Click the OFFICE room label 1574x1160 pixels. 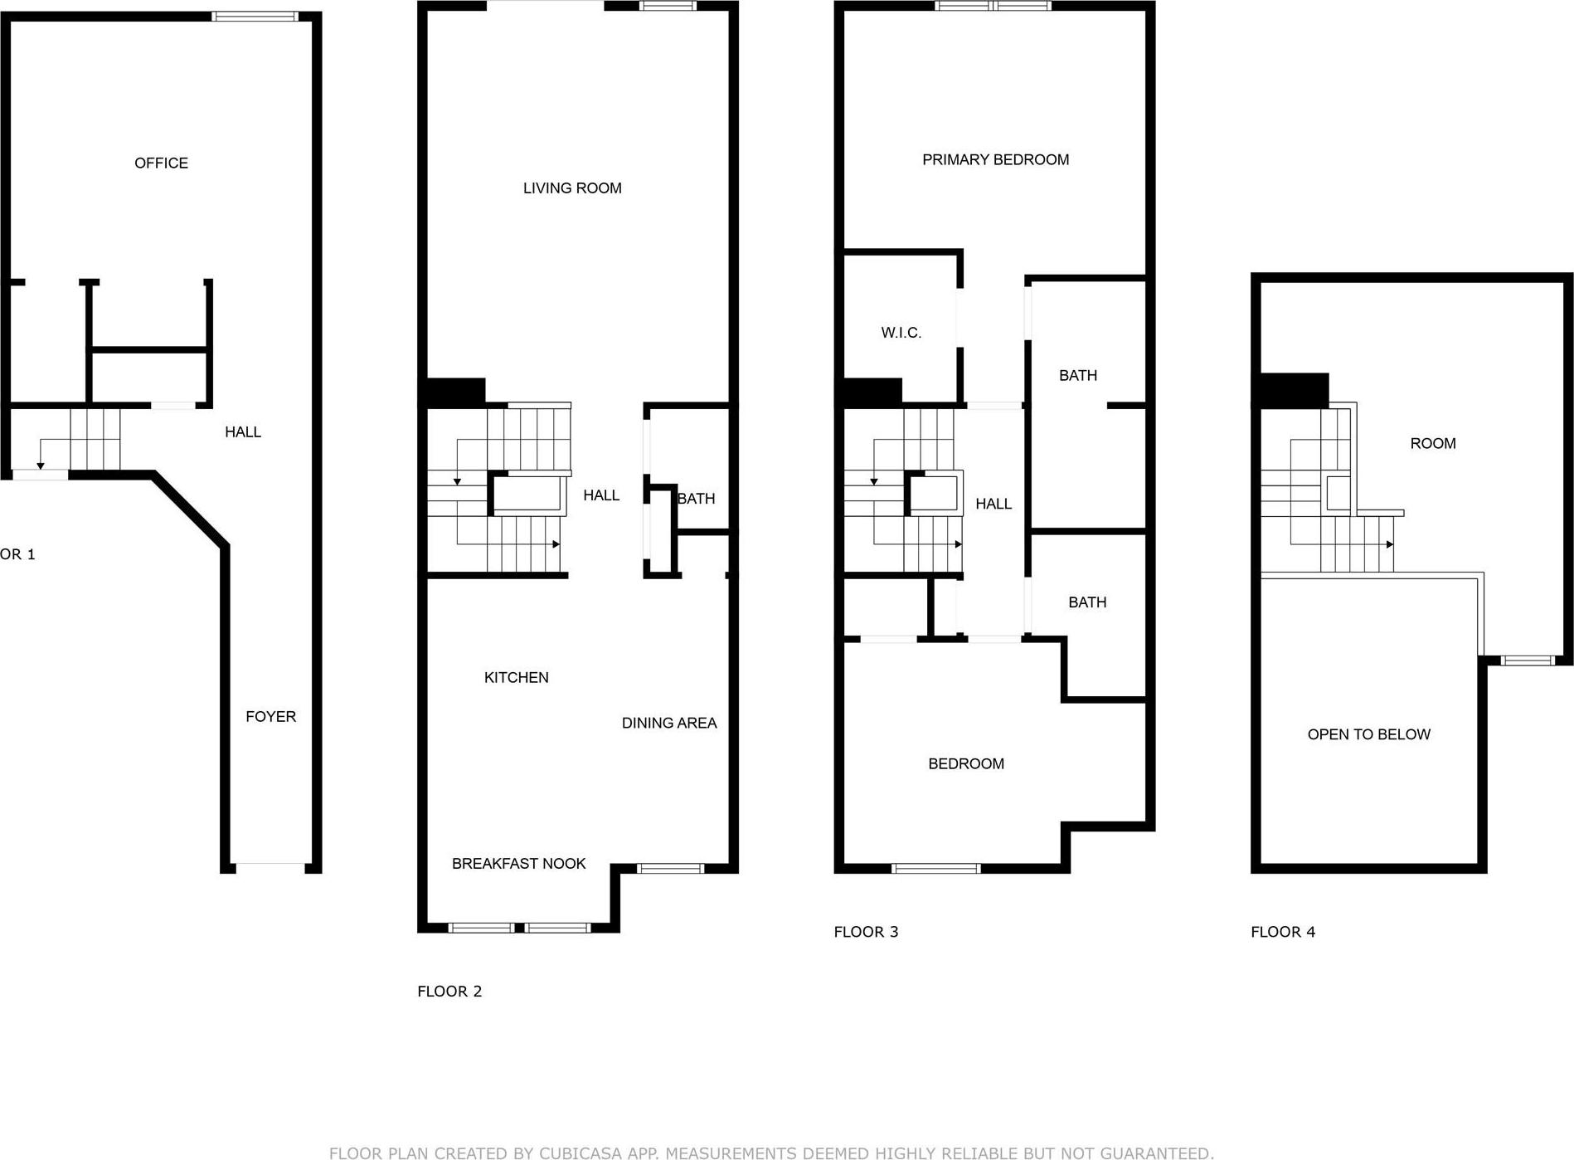(161, 163)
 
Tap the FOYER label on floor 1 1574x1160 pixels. (270, 716)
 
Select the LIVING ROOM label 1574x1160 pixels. (572, 188)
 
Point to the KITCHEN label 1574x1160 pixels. (516, 677)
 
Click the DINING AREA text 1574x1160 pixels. (669, 723)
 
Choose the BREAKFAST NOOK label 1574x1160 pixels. (518, 864)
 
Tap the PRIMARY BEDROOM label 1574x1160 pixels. (995, 159)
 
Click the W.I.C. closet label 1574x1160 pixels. (901, 333)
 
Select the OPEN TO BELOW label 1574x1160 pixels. (1368, 734)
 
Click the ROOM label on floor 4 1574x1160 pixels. (1432, 443)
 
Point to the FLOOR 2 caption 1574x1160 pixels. (449, 991)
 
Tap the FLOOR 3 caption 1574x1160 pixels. (866, 932)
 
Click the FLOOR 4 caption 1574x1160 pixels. (1283, 932)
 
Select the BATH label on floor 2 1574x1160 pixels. (696, 499)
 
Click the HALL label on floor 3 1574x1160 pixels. (993, 504)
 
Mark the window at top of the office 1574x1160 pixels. (255, 16)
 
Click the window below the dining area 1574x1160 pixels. (670, 869)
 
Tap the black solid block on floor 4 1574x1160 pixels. (1294, 391)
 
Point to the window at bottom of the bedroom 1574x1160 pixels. (935, 869)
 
